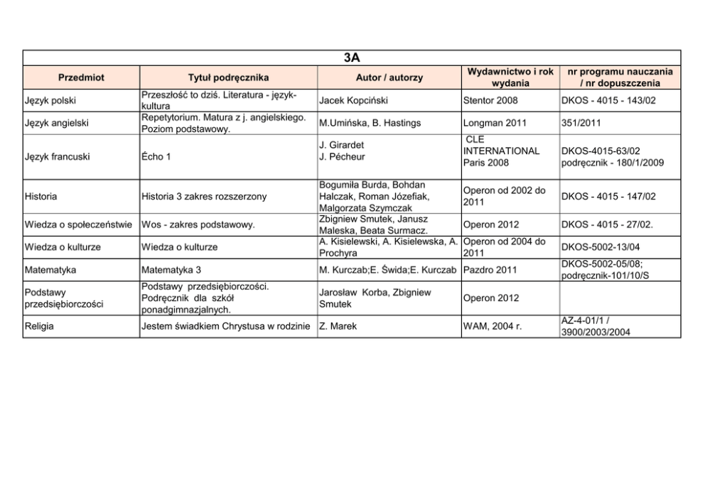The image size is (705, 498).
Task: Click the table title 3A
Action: coord(352,57)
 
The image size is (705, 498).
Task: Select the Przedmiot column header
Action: coord(81,77)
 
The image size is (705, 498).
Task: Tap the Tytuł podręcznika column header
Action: coord(228,77)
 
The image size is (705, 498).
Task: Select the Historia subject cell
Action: coord(41,196)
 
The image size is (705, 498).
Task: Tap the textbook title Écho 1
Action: coord(156,157)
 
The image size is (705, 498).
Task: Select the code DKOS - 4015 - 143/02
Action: coord(608,101)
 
